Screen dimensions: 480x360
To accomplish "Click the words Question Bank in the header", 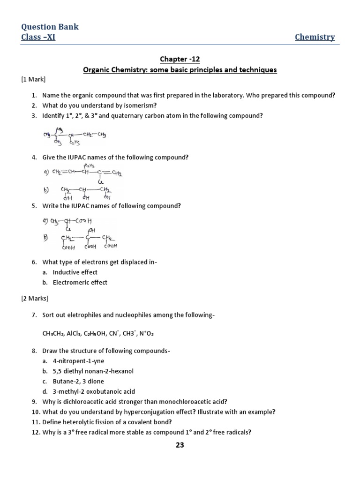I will click(x=50, y=27).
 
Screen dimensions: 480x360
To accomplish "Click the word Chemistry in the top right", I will click(x=315, y=37).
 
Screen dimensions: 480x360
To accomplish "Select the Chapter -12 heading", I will click(x=180, y=59).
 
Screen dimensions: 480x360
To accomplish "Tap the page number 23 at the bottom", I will click(x=180, y=445).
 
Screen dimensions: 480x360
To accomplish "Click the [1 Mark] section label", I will click(x=33, y=80).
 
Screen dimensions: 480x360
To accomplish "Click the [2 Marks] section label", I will click(x=35, y=298).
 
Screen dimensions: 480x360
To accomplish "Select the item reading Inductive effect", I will click(x=75, y=272).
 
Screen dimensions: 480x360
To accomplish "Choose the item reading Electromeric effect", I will click(x=80, y=283).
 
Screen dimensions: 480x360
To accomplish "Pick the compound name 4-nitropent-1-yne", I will click(x=78, y=361).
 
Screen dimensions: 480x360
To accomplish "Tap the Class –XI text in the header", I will click(x=38, y=37).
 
